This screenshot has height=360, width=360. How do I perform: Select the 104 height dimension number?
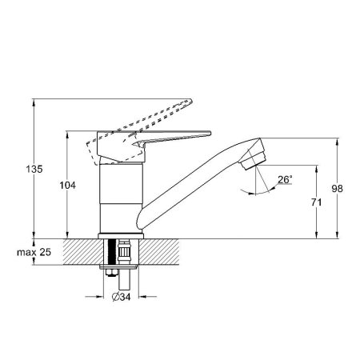point(68,186)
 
